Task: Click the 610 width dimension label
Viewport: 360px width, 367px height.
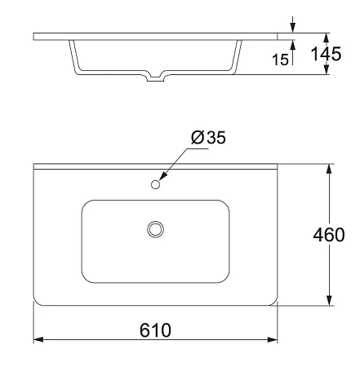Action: [x=155, y=330]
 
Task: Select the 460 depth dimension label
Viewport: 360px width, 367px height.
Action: [x=329, y=235]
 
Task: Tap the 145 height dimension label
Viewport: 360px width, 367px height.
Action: [x=326, y=54]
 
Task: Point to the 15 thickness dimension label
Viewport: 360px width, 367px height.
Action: [x=280, y=60]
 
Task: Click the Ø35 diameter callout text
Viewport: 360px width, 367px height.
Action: [x=208, y=137]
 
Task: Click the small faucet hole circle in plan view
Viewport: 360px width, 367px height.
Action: [x=155, y=184]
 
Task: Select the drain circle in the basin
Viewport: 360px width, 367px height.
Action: [x=155, y=229]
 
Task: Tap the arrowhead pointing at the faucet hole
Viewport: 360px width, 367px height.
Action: [x=163, y=176]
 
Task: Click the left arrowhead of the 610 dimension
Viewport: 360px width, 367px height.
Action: [x=38, y=339]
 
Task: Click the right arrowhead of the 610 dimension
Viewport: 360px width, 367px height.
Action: [x=273, y=339]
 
